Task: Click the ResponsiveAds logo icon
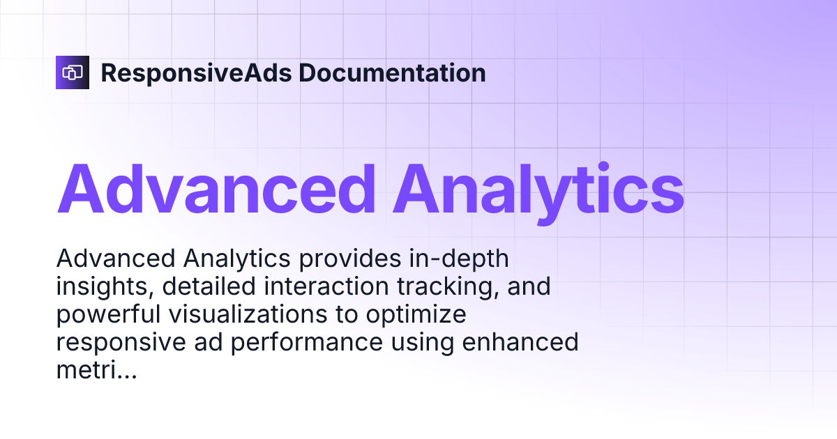point(73,72)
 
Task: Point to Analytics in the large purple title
point(538,189)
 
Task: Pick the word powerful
point(107,316)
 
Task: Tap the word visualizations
point(249,316)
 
